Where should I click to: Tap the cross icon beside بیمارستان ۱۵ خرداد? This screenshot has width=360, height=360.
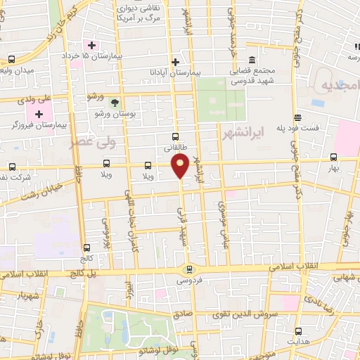click(x=91, y=45)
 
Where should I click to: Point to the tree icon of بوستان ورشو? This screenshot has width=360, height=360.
click(x=115, y=102)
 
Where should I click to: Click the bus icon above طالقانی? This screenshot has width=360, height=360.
click(x=176, y=138)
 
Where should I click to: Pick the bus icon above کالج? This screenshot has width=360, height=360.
click(x=86, y=247)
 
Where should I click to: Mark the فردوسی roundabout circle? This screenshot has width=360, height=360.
click(x=188, y=269)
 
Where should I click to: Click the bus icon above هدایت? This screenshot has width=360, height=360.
click(x=299, y=331)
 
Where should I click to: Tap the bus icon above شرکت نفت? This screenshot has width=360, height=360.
click(x=12, y=167)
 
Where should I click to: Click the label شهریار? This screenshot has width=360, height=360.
click(x=15, y=294)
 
